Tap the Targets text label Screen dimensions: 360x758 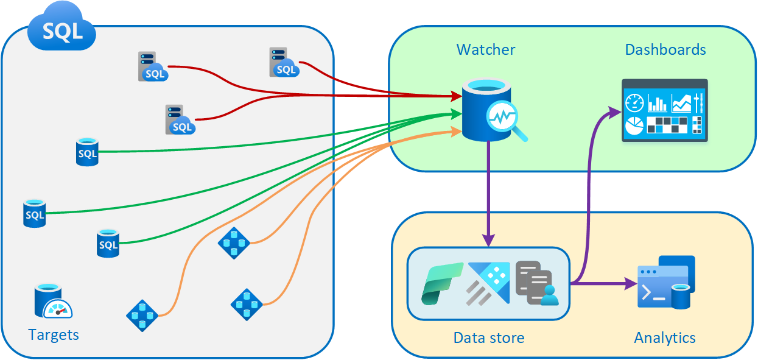[x=54, y=334]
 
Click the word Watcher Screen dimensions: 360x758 [x=486, y=49]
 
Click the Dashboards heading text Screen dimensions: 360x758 [x=665, y=49]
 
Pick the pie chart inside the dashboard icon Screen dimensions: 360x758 [x=634, y=126]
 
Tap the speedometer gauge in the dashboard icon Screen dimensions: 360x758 [x=634, y=102]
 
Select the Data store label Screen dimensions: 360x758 [x=488, y=337]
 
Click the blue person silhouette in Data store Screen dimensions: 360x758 [x=549, y=295]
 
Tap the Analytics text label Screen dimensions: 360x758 [x=665, y=337]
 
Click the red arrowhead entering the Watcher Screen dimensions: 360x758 [x=455, y=96]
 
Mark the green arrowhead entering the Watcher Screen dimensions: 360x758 [x=455, y=113]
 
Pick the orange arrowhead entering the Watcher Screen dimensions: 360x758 [x=455, y=130]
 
